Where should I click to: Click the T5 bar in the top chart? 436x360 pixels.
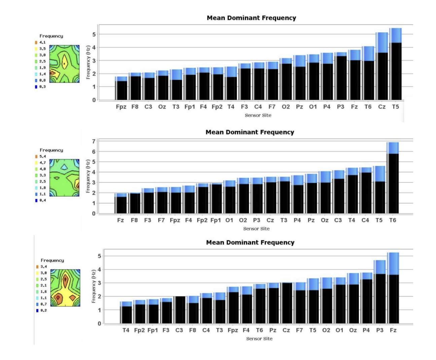(395, 67)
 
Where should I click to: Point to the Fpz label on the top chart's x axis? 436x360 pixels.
(121, 107)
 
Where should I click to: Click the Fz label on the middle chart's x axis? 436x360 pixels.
(120, 220)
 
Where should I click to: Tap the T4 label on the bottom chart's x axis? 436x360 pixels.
(126, 330)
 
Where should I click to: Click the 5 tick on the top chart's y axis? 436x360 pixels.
(94, 34)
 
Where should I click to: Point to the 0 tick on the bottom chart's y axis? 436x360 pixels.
(99, 323)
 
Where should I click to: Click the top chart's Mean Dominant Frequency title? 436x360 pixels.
(251, 18)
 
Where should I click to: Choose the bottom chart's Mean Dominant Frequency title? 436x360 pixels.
(250, 242)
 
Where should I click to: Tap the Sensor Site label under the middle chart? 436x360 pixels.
(256, 229)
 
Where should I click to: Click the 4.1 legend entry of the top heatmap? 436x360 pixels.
(40, 42)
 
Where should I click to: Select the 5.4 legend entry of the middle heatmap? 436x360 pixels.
(41, 156)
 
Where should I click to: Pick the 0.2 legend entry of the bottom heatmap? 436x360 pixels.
(42, 311)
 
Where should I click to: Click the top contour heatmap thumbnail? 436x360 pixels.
(64, 64)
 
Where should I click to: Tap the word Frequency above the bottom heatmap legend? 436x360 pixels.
(52, 260)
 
